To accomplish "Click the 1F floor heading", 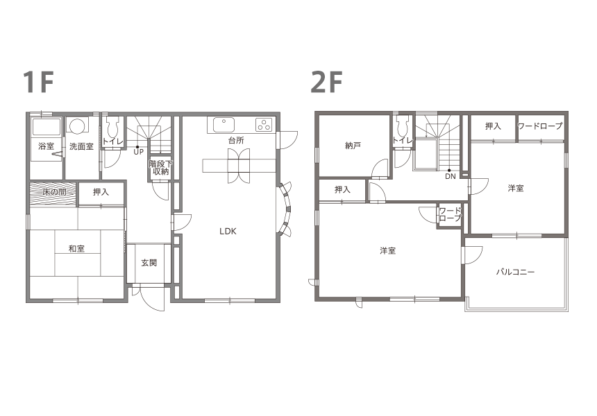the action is click(38, 82).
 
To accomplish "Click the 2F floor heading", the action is click(326, 82).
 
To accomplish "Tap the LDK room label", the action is click(228, 231).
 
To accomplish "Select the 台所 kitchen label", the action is click(236, 140).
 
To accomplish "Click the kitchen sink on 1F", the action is click(224, 125).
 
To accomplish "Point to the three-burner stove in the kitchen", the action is click(264, 125).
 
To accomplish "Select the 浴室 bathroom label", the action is click(46, 146).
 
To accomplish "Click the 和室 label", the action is click(76, 249).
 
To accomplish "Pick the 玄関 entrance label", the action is click(149, 263).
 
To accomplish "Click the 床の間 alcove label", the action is click(54, 192).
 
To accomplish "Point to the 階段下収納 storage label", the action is click(160, 168).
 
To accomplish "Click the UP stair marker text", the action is click(139, 152).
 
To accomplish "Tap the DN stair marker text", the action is click(451, 176).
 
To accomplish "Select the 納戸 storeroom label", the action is click(353, 146).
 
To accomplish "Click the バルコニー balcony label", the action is click(516, 272).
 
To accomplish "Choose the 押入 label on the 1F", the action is click(101, 192).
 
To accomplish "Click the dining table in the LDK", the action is click(239, 166).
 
